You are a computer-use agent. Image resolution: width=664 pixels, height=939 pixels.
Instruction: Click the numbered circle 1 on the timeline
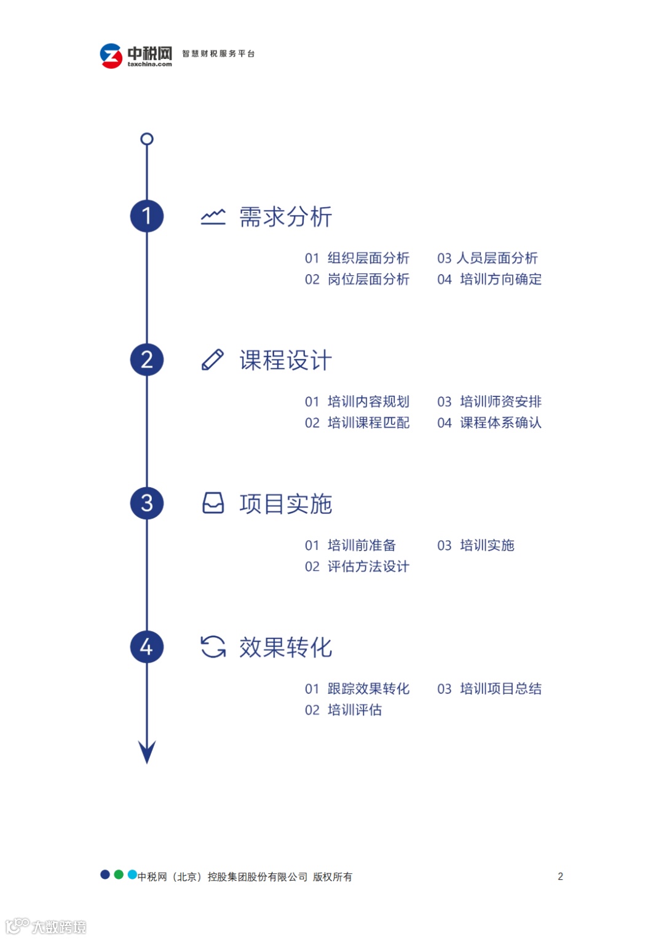pyautogui.click(x=147, y=216)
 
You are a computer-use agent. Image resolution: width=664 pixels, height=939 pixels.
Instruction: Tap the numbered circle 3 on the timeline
pyautogui.click(x=147, y=503)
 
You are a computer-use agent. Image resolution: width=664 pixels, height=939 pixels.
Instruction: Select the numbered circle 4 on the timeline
pyautogui.click(x=147, y=646)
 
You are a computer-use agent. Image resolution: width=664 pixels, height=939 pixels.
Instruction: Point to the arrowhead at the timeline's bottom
pyautogui.click(x=147, y=751)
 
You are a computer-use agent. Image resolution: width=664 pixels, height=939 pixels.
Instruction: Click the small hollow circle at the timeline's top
pyautogui.click(x=147, y=139)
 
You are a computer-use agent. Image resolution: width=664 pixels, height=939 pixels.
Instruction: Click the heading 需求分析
pyautogui.click(x=285, y=217)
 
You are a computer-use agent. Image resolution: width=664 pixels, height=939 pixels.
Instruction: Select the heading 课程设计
pyautogui.click(x=285, y=360)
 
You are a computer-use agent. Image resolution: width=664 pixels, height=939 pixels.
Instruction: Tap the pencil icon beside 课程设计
pyautogui.click(x=213, y=360)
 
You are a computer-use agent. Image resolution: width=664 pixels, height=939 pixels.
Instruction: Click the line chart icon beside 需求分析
pyautogui.click(x=213, y=216)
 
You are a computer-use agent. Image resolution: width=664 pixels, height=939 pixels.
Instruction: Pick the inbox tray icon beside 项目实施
pyautogui.click(x=213, y=503)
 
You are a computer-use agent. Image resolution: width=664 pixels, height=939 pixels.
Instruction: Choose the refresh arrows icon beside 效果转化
pyautogui.click(x=213, y=646)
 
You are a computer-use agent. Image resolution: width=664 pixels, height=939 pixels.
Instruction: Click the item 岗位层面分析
pyautogui.click(x=368, y=280)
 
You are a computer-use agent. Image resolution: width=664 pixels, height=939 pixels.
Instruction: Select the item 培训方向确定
pyautogui.click(x=500, y=280)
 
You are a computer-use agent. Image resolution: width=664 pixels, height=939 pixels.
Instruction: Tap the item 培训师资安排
pyautogui.click(x=500, y=402)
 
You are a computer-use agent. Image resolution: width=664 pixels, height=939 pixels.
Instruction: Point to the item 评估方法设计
pyautogui.click(x=368, y=567)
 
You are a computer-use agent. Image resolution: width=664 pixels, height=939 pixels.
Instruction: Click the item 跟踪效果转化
pyautogui.click(x=368, y=689)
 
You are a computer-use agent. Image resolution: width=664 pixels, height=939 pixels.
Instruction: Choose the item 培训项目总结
pyautogui.click(x=500, y=689)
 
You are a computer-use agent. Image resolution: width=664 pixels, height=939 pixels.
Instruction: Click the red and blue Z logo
pyautogui.click(x=111, y=56)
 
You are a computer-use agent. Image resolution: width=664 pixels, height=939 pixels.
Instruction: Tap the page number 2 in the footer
pyautogui.click(x=560, y=876)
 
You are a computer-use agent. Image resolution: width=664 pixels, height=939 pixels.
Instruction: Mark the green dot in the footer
pyautogui.click(x=119, y=874)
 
